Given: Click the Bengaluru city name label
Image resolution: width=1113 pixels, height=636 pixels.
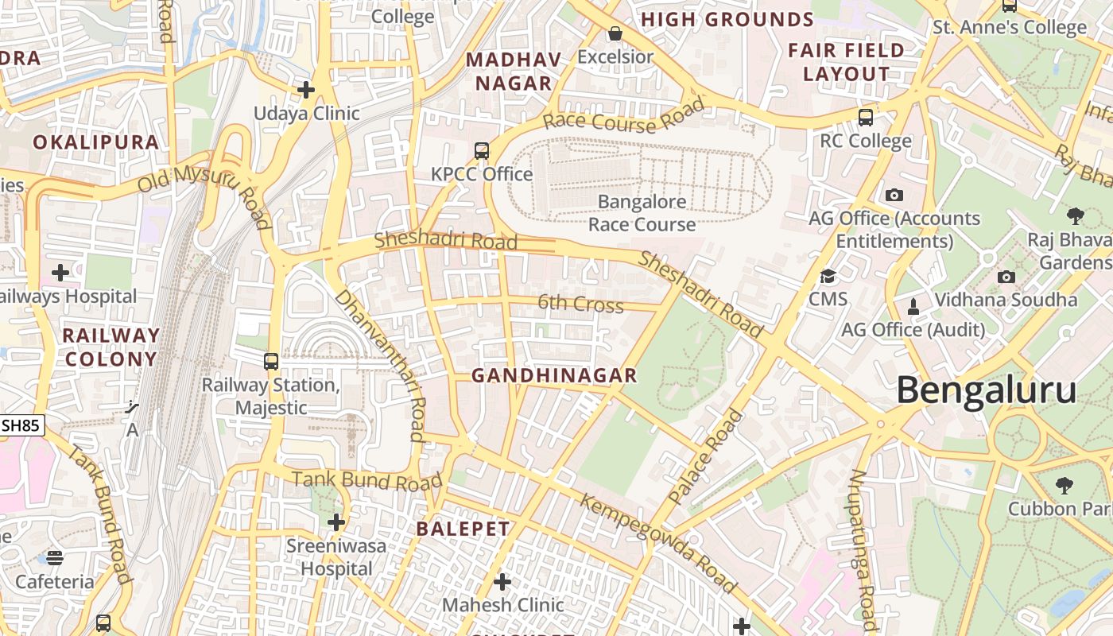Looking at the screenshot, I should click(x=987, y=391).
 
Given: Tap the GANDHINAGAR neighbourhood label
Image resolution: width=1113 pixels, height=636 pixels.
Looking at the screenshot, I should click(x=554, y=375).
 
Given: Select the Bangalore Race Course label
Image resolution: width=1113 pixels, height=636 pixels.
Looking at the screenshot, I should click(x=642, y=213).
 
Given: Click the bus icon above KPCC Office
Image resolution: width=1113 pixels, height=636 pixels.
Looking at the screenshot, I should click(x=481, y=151).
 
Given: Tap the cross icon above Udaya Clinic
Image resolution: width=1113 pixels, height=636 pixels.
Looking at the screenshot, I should click(x=306, y=90).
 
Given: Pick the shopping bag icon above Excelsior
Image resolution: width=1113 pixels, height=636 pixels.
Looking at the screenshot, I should click(x=615, y=33).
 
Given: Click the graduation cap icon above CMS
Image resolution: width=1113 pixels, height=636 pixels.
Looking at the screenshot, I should click(x=828, y=277).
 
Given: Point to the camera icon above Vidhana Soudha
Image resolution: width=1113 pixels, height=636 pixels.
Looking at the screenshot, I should click(x=1006, y=277).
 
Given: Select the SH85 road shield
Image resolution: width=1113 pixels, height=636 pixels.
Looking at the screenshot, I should click(x=21, y=426).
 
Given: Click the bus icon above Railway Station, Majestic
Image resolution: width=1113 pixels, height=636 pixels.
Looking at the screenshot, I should click(x=271, y=362).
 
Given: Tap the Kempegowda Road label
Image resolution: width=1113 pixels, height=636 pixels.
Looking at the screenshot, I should click(x=658, y=545).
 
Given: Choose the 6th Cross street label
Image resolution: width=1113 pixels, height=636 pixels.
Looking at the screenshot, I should click(x=580, y=304).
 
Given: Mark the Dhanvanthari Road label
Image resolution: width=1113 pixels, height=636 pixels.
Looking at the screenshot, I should click(x=380, y=364).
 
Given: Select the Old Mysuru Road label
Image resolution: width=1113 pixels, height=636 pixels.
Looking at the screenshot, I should click(x=204, y=193).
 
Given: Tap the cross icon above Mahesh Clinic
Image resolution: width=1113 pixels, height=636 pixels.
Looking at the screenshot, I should click(x=502, y=582).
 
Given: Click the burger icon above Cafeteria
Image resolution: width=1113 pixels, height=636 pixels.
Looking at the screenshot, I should click(x=55, y=557).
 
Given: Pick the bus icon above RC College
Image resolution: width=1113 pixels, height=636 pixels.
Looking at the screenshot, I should click(x=866, y=118).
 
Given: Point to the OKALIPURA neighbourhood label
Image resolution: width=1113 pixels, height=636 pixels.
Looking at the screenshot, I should click(x=96, y=142).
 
